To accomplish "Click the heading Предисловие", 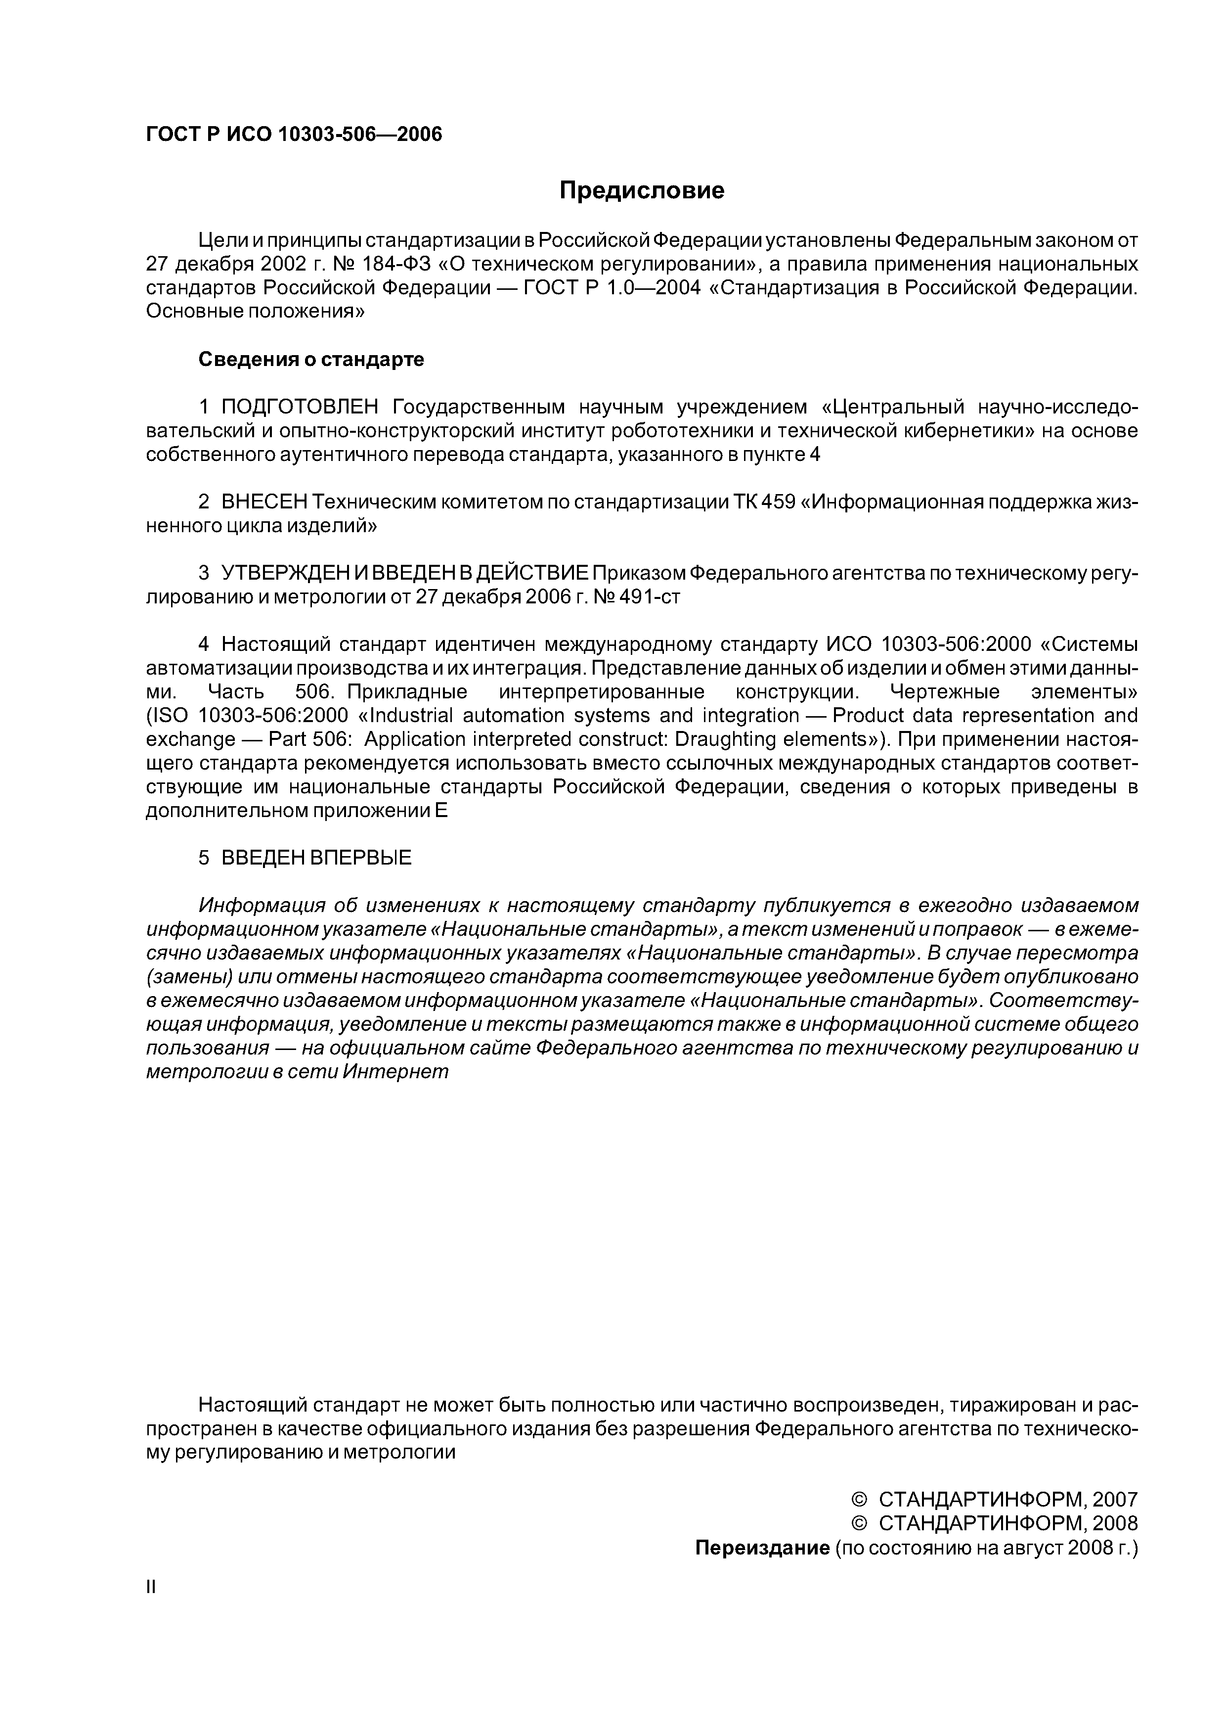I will (x=641, y=190).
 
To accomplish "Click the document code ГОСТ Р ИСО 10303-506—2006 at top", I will (x=294, y=135).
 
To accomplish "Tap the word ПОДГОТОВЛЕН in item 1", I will (x=299, y=408).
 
